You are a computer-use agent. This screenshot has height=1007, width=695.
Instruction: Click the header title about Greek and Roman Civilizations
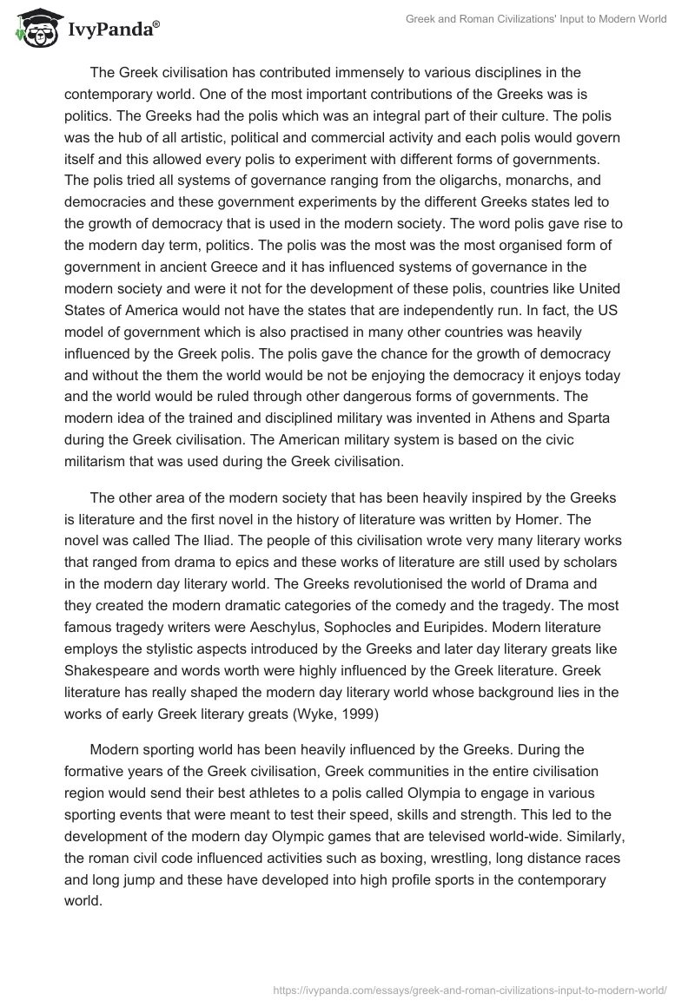click(536, 19)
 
